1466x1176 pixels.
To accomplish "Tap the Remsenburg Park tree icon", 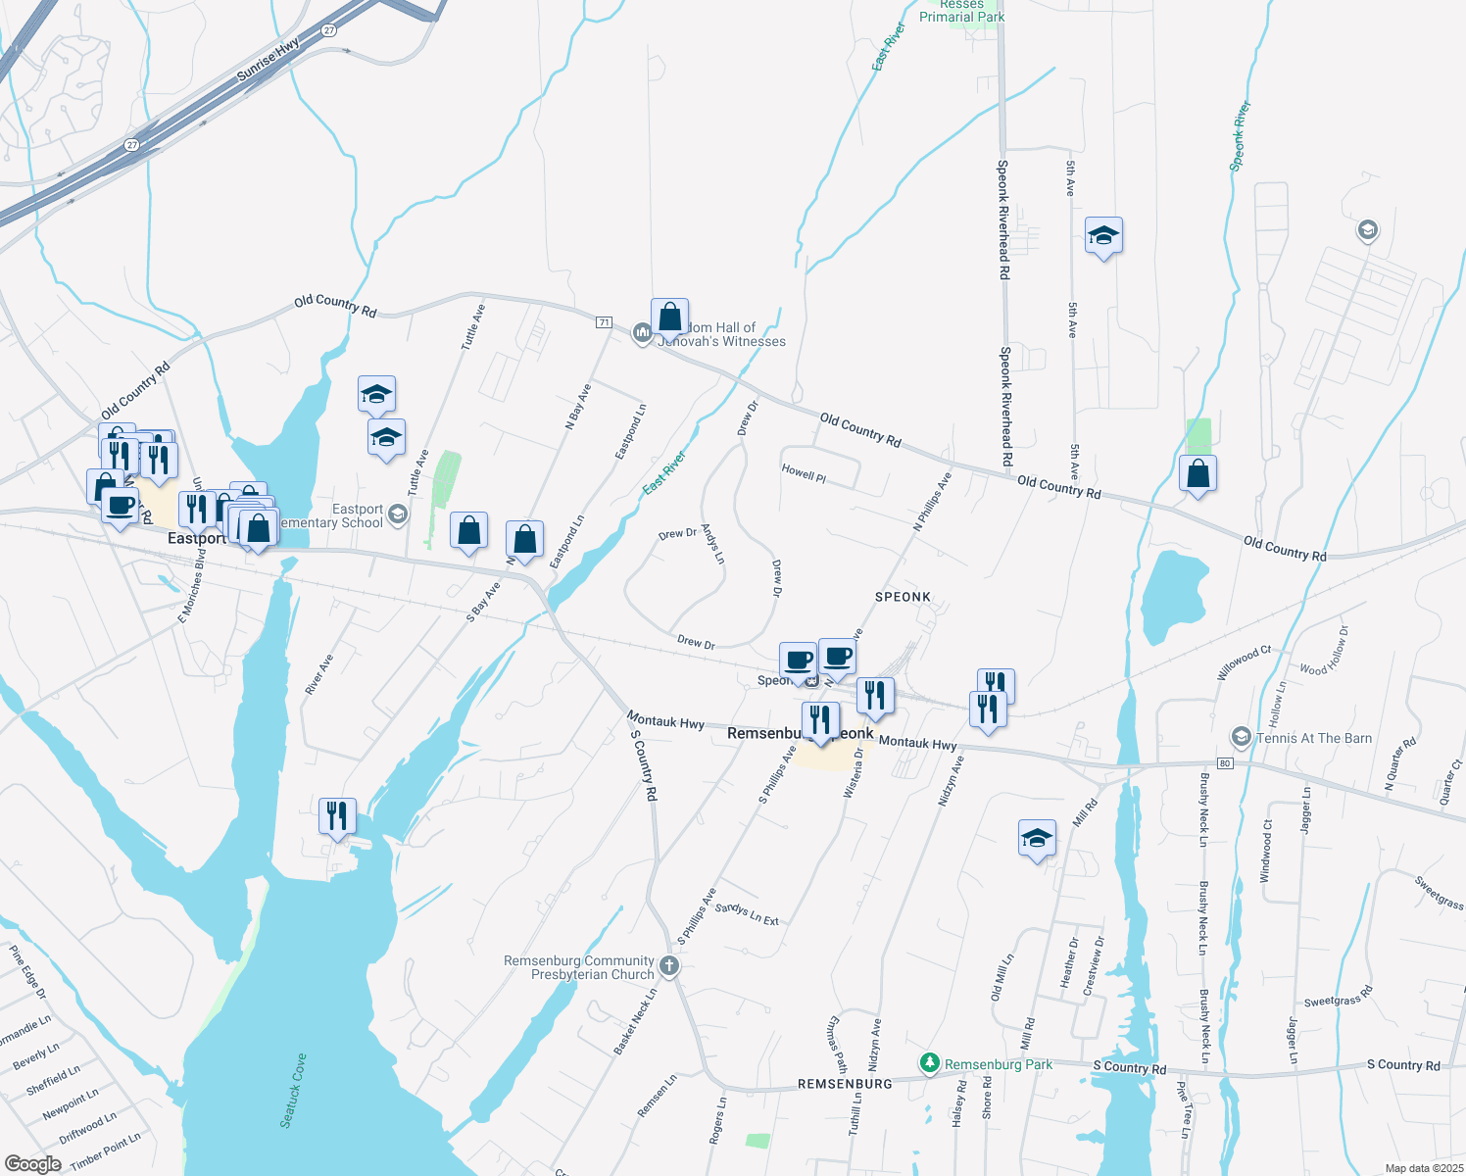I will (930, 1063).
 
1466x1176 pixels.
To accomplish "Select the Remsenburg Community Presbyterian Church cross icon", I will (669, 967).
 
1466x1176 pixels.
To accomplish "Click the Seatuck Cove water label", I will (293, 1090).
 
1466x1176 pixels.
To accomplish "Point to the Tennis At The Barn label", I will (1314, 738).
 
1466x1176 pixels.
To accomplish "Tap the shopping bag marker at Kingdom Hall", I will (670, 318).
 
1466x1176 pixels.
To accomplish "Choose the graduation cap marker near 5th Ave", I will (1103, 236).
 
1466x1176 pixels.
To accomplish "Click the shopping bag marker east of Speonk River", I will (1197, 474).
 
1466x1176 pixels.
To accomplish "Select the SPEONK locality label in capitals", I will (903, 597).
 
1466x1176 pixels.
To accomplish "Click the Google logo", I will (32, 1163).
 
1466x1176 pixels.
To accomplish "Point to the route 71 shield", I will (604, 322).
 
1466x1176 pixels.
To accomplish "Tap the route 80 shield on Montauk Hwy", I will (1224, 762).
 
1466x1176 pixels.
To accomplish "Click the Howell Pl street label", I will (804, 473).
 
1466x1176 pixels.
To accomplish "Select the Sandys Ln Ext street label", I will (747, 914).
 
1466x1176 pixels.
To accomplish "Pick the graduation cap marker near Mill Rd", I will (1037, 839).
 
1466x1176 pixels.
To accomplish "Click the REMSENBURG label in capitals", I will (845, 1084).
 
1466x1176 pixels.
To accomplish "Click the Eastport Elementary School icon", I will (398, 514).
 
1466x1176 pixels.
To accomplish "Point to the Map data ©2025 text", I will (1424, 1168).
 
